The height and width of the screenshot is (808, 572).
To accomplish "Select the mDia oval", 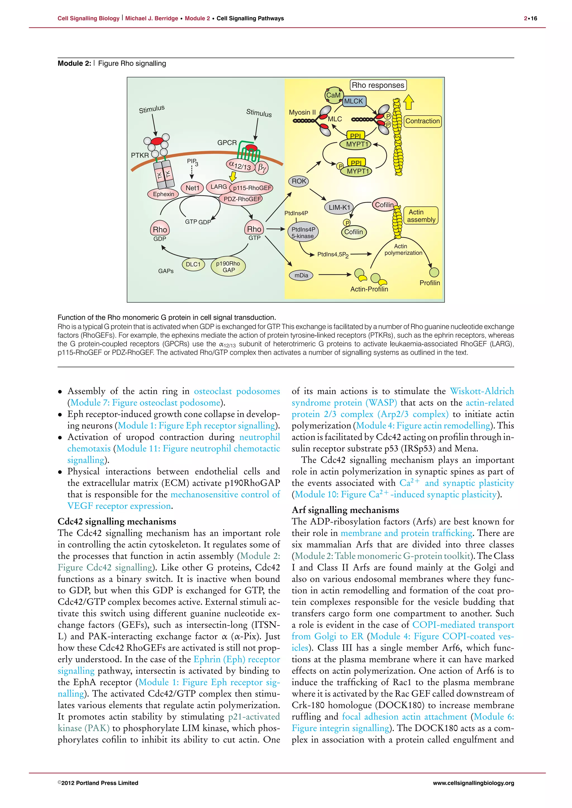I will point(301,275).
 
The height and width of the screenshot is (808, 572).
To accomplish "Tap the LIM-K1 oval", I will point(339,207).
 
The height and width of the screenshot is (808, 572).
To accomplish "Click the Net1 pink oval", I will point(192,188).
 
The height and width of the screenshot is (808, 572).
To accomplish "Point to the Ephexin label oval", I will point(163,194).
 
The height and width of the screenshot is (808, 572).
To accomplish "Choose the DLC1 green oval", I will point(193,264).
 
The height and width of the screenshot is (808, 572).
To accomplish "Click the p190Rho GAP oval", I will point(228,267).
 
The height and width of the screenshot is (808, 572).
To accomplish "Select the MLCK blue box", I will point(354,101).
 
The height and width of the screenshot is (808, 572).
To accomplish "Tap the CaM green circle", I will point(333,95).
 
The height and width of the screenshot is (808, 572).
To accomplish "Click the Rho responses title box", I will point(378,85).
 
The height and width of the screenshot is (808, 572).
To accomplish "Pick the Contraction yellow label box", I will point(422,121).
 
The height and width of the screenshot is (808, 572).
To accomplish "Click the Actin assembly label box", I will point(421,216).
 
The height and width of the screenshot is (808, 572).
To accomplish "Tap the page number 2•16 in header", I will point(530,18).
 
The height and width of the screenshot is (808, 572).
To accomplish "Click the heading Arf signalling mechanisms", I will point(345,510).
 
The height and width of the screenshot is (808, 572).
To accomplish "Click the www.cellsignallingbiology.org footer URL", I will point(473,783).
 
